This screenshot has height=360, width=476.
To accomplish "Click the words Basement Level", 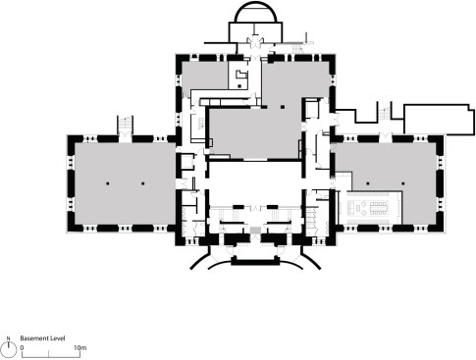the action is click(x=42, y=338).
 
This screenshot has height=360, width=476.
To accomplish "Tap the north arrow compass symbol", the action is click(x=9, y=347).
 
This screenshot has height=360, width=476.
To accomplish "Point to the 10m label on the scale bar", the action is click(x=79, y=347).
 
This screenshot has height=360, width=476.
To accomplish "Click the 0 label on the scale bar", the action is click(x=22, y=347).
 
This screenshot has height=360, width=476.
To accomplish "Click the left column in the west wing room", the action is click(x=107, y=183).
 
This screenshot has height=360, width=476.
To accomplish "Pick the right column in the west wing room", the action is click(x=142, y=183).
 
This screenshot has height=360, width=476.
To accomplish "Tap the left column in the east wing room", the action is click(x=368, y=183).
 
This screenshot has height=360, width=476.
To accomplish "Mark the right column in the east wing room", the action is click(x=403, y=183).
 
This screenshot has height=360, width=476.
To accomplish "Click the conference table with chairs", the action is click(x=379, y=208).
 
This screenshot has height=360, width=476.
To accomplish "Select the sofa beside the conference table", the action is click(x=350, y=208).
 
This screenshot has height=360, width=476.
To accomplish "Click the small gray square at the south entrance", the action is click(x=254, y=231).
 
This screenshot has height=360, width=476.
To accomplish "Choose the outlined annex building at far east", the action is click(x=439, y=120).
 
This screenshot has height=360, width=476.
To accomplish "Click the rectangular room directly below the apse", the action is click(x=255, y=32).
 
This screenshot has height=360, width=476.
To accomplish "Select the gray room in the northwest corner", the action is click(x=204, y=76).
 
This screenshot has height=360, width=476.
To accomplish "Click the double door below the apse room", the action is click(x=255, y=41).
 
